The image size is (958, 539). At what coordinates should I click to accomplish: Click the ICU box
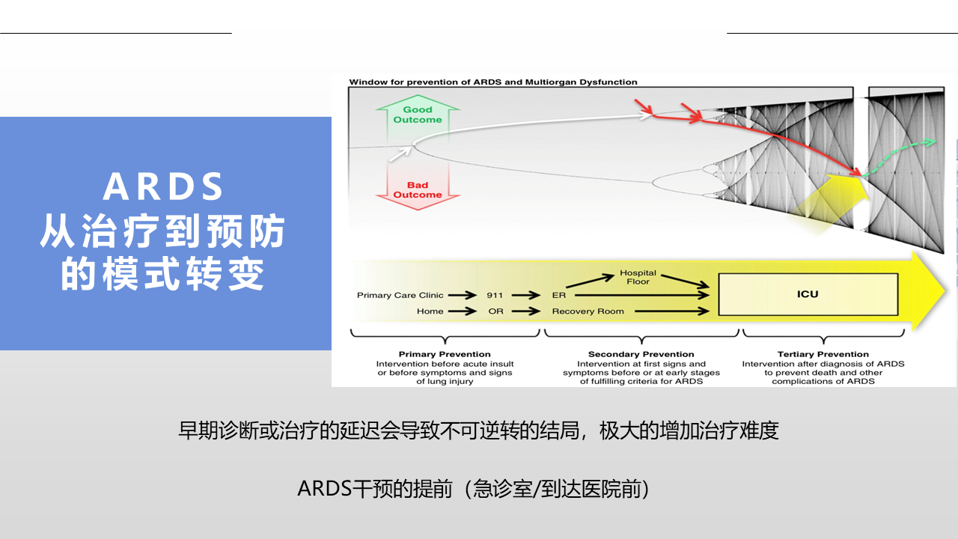(x=808, y=294)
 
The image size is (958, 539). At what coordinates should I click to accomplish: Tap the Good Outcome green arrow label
(x=418, y=115)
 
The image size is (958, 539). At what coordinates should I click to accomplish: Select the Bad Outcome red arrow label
(x=418, y=190)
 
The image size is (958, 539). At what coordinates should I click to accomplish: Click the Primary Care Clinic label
(x=400, y=295)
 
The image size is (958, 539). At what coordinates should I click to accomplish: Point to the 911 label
(x=495, y=295)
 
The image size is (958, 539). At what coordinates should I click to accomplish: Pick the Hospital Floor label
(x=638, y=277)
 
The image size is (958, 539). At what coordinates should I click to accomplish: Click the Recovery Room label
(x=588, y=311)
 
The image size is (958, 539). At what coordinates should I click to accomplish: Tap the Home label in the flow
(x=430, y=311)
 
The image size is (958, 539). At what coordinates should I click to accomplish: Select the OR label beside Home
(x=495, y=311)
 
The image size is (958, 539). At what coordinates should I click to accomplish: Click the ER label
(x=558, y=295)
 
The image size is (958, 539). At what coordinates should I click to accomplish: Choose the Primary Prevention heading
(x=445, y=354)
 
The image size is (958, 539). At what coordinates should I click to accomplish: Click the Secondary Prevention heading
(x=641, y=354)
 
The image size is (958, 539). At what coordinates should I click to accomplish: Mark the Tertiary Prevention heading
(x=823, y=354)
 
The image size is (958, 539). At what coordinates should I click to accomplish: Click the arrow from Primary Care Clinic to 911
(x=463, y=295)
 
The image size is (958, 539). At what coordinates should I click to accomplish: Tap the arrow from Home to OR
(x=463, y=311)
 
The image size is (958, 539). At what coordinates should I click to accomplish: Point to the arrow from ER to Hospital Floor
(x=591, y=281)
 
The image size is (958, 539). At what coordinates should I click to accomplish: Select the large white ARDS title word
(x=163, y=187)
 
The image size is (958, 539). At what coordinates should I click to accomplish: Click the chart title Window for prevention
(x=493, y=82)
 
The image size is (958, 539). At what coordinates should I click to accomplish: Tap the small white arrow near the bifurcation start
(x=400, y=153)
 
